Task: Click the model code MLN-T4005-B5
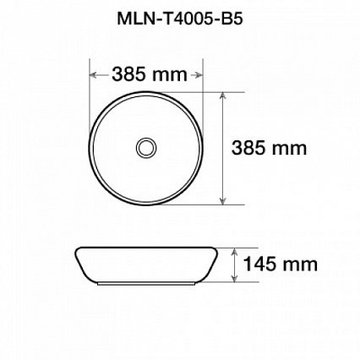point(180,19)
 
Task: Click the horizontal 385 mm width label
point(150,75)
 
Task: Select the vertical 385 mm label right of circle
point(269,148)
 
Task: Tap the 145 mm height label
point(280,265)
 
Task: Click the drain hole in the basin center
point(146,147)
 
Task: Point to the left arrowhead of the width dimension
point(94,75)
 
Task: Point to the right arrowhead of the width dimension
point(199,75)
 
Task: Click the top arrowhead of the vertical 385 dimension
point(223,96)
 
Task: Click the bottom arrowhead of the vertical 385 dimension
point(223,200)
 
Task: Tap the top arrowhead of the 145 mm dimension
point(234,252)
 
